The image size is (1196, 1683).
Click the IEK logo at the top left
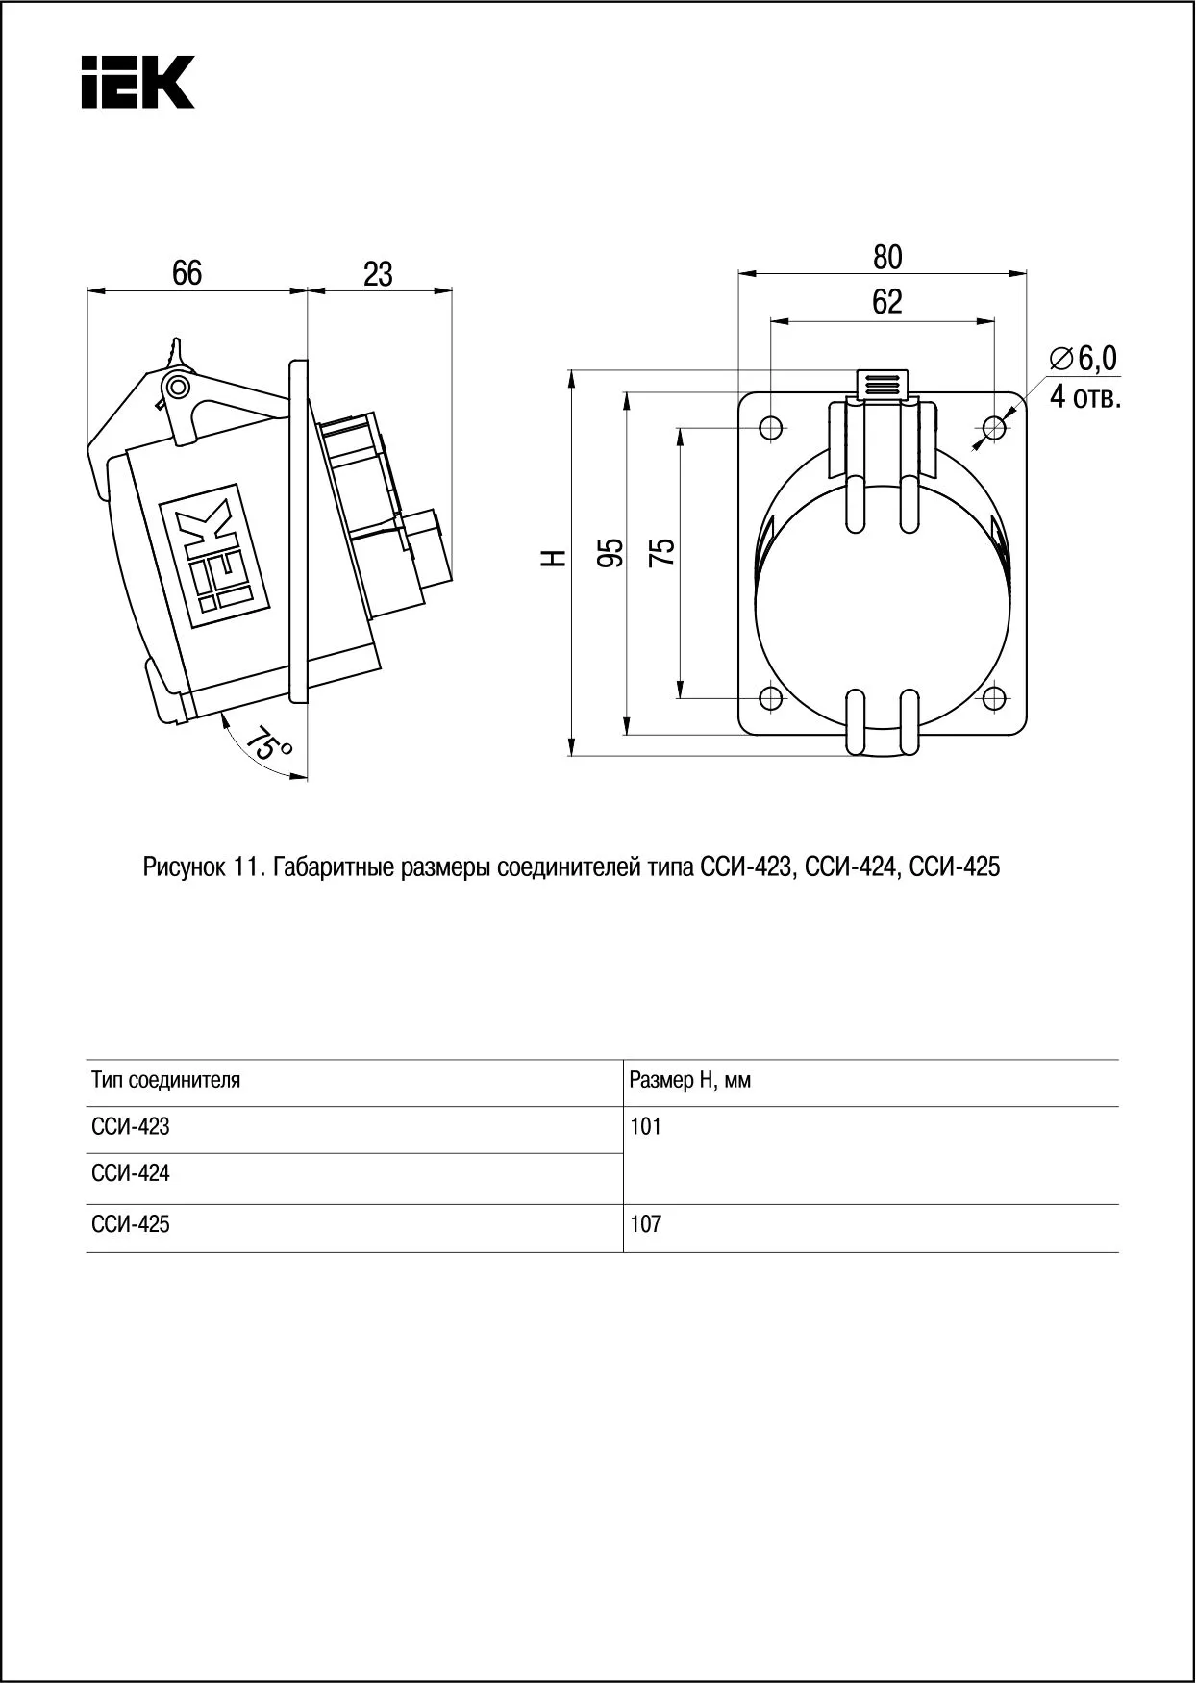[137, 81]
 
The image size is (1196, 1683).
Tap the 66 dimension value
[187, 273]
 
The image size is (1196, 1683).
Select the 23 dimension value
[378, 275]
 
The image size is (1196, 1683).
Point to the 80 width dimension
[887, 257]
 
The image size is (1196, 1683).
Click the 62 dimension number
[887, 302]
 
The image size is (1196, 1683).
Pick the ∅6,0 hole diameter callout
[1084, 359]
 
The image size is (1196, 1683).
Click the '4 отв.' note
[1085, 396]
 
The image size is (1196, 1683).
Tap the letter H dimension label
[552, 558]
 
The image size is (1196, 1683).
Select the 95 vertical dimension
[610, 553]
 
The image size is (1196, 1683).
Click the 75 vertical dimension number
[662, 552]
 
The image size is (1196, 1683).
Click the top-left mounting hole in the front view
[771, 426]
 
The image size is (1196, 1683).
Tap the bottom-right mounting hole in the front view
[995, 698]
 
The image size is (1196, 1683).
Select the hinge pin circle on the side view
[177, 388]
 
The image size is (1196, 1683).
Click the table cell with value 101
[646, 1126]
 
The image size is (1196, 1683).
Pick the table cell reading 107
[646, 1225]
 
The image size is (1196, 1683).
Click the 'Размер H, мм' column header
[690, 1080]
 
